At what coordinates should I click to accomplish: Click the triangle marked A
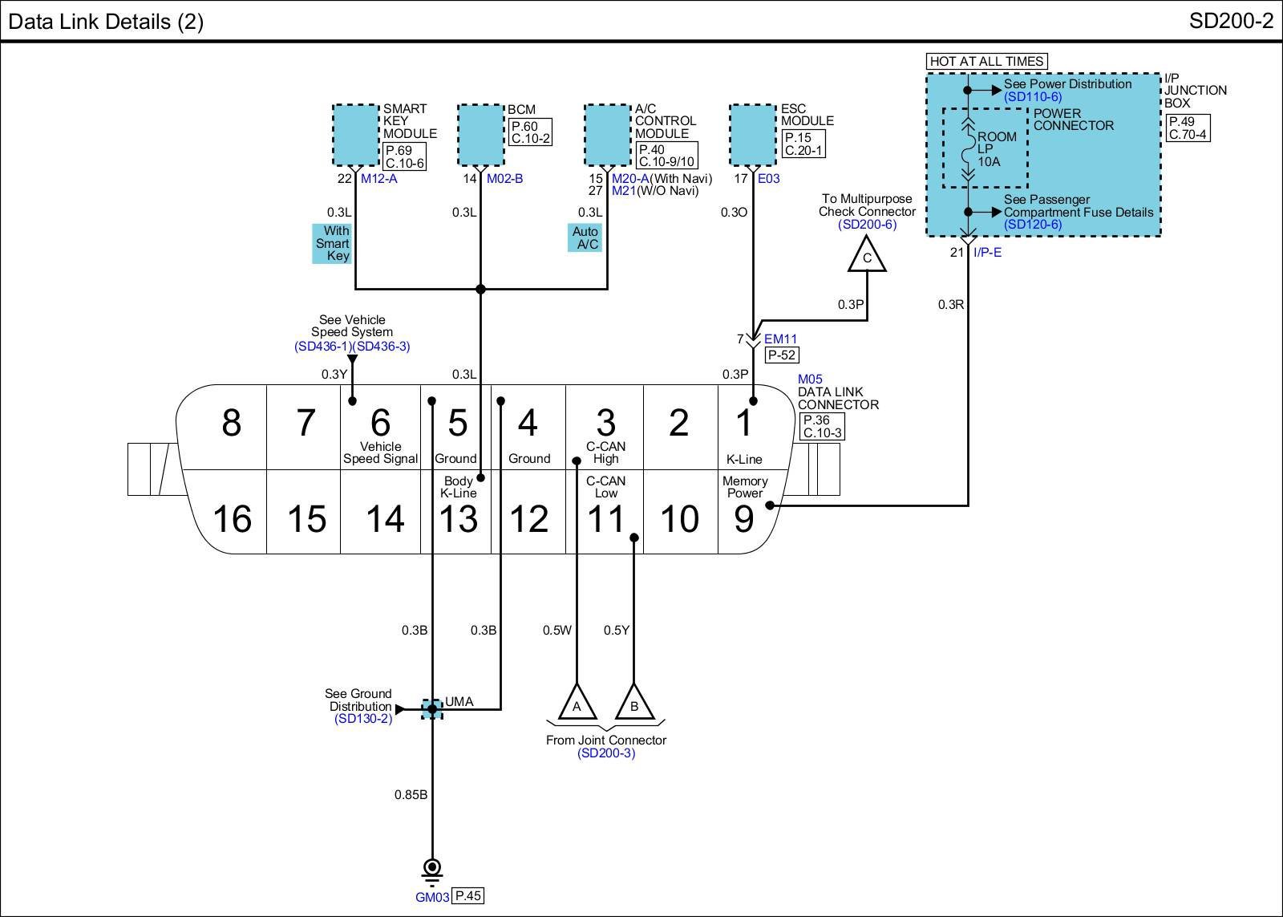point(577,704)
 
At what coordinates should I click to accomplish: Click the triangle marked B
point(634,704)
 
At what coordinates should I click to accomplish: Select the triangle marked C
point(867,257)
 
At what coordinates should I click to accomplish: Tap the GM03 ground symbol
point(432,872)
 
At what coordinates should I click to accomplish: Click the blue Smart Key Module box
point(356,136)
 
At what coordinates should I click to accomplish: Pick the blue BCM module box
point(481,136)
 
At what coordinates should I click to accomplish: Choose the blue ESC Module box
point(753,136)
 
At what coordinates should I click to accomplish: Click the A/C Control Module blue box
point(607,136)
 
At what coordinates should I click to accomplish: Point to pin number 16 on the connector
point(232,519)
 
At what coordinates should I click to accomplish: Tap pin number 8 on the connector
point(232,423)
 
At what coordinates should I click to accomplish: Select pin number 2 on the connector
point(678,423)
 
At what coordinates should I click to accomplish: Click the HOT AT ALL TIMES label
point(987,61)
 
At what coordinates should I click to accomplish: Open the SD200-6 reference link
point(867,224)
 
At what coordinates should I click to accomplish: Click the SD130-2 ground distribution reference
point(363,719)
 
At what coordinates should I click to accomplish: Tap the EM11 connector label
point(780,339)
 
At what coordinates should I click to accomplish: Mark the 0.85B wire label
point(411,795)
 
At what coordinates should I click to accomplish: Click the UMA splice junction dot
point(432,709)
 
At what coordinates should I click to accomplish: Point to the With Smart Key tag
point(332,244)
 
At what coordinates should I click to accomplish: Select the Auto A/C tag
point(585,237)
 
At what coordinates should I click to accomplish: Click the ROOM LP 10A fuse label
point(997,149)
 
